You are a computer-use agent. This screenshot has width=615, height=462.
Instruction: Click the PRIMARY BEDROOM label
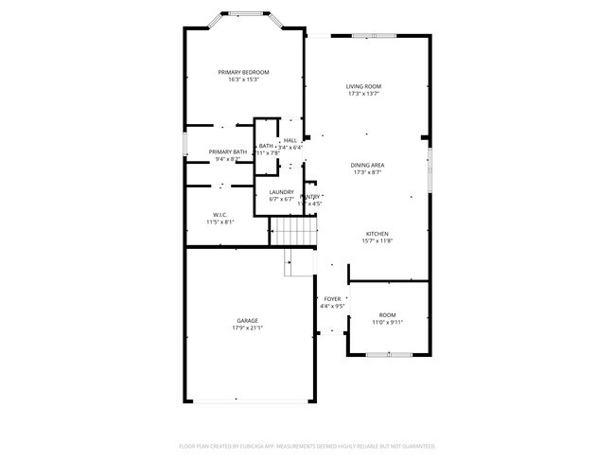tap(243, 73)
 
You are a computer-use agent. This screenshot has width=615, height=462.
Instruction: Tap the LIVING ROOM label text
tap(363, 86)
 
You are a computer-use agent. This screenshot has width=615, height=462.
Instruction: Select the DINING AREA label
tap(367, 165)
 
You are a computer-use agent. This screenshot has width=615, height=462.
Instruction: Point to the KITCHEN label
tap(378, 234)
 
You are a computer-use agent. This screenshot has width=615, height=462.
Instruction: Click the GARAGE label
tap(247, 321)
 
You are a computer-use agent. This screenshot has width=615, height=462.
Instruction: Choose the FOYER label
tap(331, 299)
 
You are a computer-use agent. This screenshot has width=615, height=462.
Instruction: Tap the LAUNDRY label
tap(282, 192)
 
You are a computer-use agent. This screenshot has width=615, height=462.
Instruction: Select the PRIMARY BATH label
tap(227, 152)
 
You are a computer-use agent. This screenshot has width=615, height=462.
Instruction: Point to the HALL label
tap(290, 140)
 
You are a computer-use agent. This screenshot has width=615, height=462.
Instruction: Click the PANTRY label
tap(310, 197)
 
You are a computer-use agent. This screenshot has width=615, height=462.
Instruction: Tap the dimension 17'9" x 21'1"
tap(247, 329)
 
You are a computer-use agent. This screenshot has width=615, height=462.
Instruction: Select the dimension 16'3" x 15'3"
tap(243, 80)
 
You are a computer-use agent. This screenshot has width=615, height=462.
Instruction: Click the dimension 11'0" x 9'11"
tap(387, 322)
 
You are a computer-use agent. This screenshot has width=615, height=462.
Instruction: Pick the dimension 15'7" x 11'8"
tap(378, 241)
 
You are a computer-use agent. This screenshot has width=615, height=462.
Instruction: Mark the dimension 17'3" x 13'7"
tap(363, 94)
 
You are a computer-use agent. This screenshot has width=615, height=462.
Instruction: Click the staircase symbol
tap(291, 230)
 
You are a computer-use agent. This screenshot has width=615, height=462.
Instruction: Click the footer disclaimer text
tap(307, 445)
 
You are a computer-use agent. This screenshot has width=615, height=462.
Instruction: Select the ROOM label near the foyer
tap(387, 314)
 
